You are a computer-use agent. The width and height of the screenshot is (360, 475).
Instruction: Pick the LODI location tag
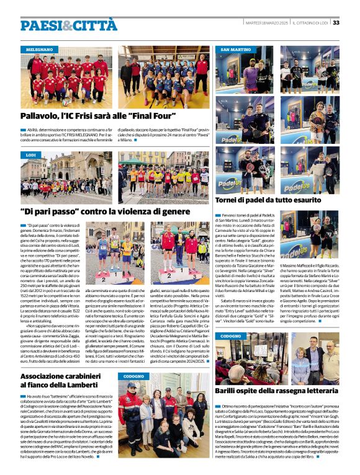(31, 154)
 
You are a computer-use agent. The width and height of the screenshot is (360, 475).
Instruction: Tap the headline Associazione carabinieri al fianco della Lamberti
(65, 381)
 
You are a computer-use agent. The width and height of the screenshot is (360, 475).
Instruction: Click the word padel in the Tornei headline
(260, 200)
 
